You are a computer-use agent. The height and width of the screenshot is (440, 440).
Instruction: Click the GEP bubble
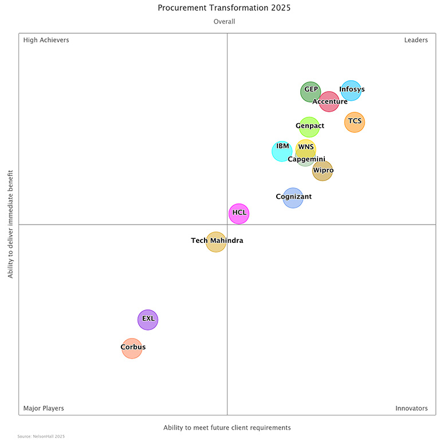coord(311,92)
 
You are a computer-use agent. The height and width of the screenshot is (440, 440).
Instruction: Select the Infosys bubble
coord(351,91)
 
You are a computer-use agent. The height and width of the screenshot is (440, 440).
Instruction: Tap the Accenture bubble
coord(329,101)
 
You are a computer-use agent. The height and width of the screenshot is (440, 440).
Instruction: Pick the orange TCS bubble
coord(355,122)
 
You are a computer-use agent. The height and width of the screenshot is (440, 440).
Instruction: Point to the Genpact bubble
coord(309,127)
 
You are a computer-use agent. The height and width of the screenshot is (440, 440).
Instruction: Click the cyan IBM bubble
coord(282,151)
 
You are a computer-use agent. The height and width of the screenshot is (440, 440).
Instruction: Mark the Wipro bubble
coord(323,171)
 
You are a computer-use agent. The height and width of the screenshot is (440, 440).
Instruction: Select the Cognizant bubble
coord(293,198)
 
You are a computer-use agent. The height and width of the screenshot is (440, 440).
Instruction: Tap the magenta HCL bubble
coord(239,214)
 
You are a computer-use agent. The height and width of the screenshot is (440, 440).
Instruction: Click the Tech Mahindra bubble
coord(216,242)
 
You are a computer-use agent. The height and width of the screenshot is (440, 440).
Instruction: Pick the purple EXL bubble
coord(148,320)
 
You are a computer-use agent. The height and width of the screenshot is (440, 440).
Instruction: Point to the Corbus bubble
coord(132,348)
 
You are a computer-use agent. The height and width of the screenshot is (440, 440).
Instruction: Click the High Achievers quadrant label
coord(46,40)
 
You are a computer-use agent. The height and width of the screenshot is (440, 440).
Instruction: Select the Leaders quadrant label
coord(416,40)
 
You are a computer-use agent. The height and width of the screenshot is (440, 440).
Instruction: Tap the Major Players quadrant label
coord(44,408)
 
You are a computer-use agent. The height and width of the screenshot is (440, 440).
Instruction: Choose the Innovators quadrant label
coord(411,408)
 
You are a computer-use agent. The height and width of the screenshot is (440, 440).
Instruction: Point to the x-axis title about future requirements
coord(227,427)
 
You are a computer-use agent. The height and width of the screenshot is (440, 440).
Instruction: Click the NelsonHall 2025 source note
coord(41,437)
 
